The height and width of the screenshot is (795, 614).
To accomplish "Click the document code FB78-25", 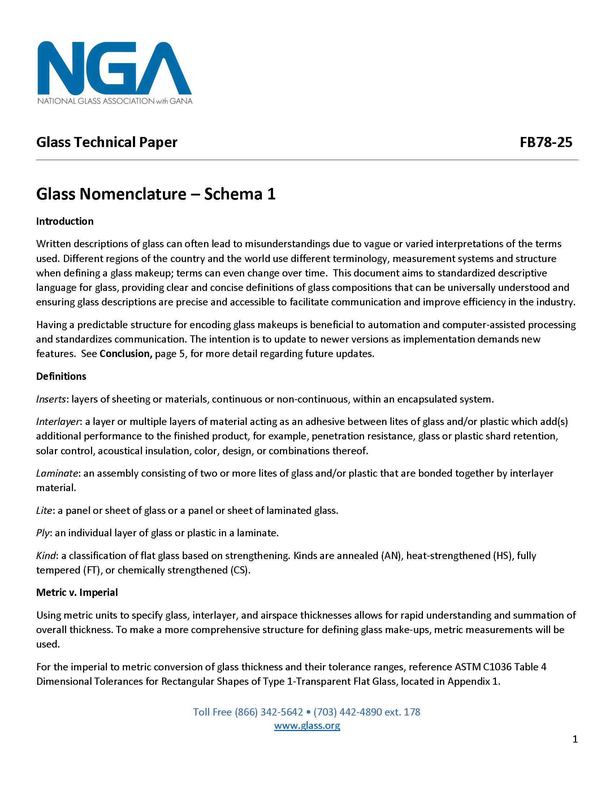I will click(546, 142).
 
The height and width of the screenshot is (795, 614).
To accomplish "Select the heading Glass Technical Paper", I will click(107, 142).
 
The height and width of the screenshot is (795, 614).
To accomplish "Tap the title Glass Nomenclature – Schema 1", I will click(156, 194).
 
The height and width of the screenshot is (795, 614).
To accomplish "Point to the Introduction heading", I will click(65, 221).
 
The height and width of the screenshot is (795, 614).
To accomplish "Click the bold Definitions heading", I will click(61, 376).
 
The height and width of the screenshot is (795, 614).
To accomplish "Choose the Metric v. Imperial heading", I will click(77, 592).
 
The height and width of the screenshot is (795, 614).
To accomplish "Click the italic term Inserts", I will click(51, 399).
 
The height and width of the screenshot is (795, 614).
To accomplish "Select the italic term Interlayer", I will click(58, 421).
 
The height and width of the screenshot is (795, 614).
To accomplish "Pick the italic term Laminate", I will click(57, 473).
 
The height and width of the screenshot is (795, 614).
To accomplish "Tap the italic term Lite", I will click(44, 510).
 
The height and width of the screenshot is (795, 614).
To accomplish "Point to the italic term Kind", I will click(46, 555).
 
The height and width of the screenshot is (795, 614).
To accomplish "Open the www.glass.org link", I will click(307, 726).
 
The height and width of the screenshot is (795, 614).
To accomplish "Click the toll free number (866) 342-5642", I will click(269, 712).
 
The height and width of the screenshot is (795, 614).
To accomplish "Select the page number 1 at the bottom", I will click(575, 739).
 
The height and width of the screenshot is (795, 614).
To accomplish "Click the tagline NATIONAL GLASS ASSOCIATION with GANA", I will click(114, 101).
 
